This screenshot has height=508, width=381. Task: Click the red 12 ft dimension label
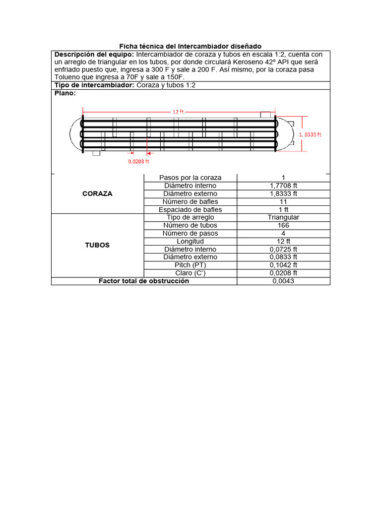(x=178, y=112)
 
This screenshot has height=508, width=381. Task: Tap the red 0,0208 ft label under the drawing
(x=139, y=161)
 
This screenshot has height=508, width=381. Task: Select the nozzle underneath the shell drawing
(x=96, y=153)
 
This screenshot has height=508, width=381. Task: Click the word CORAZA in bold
(x=97, y=193)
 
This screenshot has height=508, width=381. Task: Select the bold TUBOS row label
(x=97, y=245)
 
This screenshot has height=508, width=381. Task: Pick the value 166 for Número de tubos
(x=283, y=225)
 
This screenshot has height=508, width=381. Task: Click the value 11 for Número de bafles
(x=283, y=201)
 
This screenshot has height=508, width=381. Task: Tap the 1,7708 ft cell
(x=283, y=186)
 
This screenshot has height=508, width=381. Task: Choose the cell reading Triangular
(x=283, y=217)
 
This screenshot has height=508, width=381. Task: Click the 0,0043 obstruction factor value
(x=283, y=281)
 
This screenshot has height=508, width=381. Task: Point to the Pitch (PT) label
(x=190, y=265)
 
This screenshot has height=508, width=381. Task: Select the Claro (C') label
(x=190, y=273)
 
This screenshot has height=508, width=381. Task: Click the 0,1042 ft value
(x=283, y=265)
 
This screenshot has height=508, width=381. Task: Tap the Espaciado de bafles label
(x=190, y=209)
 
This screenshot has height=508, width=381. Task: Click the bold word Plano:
(x=65, y=93)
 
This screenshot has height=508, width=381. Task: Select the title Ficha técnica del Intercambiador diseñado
(x=190, y=46)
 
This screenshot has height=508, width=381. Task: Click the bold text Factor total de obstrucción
(x=144, y=281)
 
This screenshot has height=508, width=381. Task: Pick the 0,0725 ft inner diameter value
(x=283, y=249)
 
